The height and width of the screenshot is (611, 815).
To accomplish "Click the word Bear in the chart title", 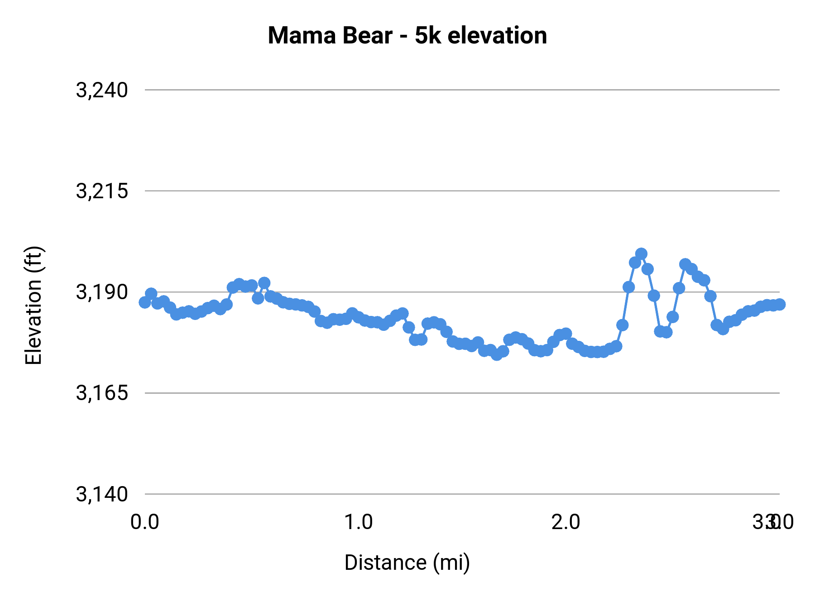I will [x=367, y=35].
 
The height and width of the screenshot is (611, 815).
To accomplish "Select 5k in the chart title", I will [x=427, y=35].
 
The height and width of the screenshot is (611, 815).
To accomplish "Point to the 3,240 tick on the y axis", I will [x=102, y=90].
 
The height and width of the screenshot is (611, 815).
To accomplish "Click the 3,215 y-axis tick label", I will [x=102, y=191].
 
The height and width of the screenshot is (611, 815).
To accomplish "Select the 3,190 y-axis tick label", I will [x=102, y=292].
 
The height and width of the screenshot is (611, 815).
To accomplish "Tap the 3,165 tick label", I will [x=102, y=393].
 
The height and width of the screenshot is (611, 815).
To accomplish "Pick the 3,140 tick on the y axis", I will [x=102, y=494].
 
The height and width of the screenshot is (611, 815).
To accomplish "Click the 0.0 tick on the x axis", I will [x=144, y=522].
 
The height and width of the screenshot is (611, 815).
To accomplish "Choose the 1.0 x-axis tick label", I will [x=359, y=522].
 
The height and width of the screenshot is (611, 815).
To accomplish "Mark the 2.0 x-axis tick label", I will [x=566, y=522].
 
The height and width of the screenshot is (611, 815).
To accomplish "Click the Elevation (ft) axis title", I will [x=34, y=305].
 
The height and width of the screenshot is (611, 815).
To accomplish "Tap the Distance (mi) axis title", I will [x=407, y=563].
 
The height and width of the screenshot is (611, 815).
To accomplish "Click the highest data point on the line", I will [x=641, y=254].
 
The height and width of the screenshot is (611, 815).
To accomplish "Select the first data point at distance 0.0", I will [x=145, y=302].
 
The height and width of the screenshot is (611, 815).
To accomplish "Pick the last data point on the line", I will [x=780, y=304].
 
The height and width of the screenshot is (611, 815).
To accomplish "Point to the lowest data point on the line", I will [x=497, y=355].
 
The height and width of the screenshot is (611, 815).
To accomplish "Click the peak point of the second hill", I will [x=685, y=264].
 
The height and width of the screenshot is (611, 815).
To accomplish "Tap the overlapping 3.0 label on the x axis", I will [x=772, y=522].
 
